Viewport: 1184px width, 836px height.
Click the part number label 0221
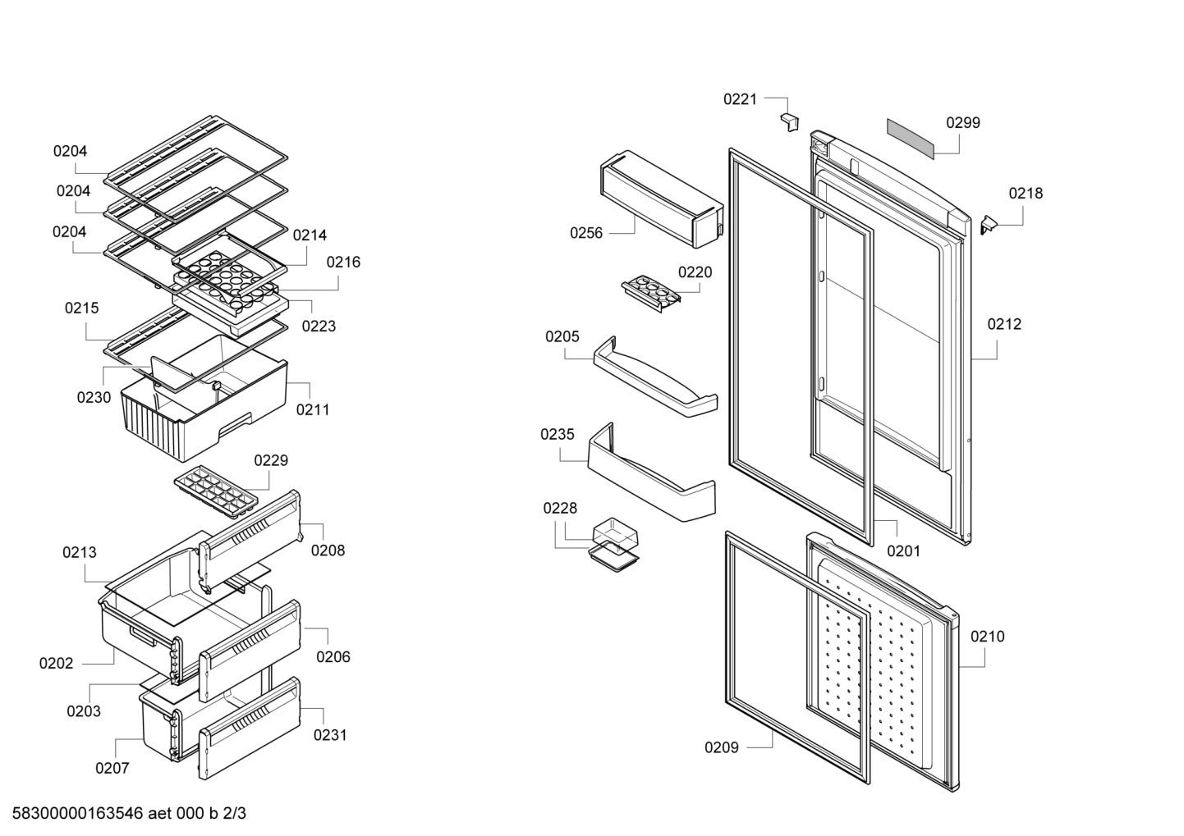tap(740, 99)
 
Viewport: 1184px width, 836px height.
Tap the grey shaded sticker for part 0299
tap(911, 139)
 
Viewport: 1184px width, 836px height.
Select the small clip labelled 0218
tap(988, 224)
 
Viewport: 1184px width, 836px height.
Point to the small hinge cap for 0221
tap(789, 122)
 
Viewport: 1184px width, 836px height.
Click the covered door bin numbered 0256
tap(662, 199)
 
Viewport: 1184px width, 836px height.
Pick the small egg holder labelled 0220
tap(650, 293)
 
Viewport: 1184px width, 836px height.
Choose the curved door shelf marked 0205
tap(655, 377)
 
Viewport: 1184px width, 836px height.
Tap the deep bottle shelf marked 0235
tap(651, 472)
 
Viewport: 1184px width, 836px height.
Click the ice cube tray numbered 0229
tap(216, 490)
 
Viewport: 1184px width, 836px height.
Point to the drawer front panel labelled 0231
tap(250, 729)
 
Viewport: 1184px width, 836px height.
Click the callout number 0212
tap(1004, 324)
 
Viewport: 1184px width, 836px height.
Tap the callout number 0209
tap(722, 747)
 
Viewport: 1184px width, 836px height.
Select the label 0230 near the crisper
tap(94, 398)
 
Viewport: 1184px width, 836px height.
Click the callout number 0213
tap(80, 552)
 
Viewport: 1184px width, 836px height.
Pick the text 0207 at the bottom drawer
tap(112, 768)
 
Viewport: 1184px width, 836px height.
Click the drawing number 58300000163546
tap(77, 813)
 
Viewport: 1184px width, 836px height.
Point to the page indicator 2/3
tap(234, 813)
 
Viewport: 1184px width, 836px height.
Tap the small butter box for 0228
tap(613, 545)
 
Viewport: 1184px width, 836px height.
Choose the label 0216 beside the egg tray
tap(343, 262)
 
